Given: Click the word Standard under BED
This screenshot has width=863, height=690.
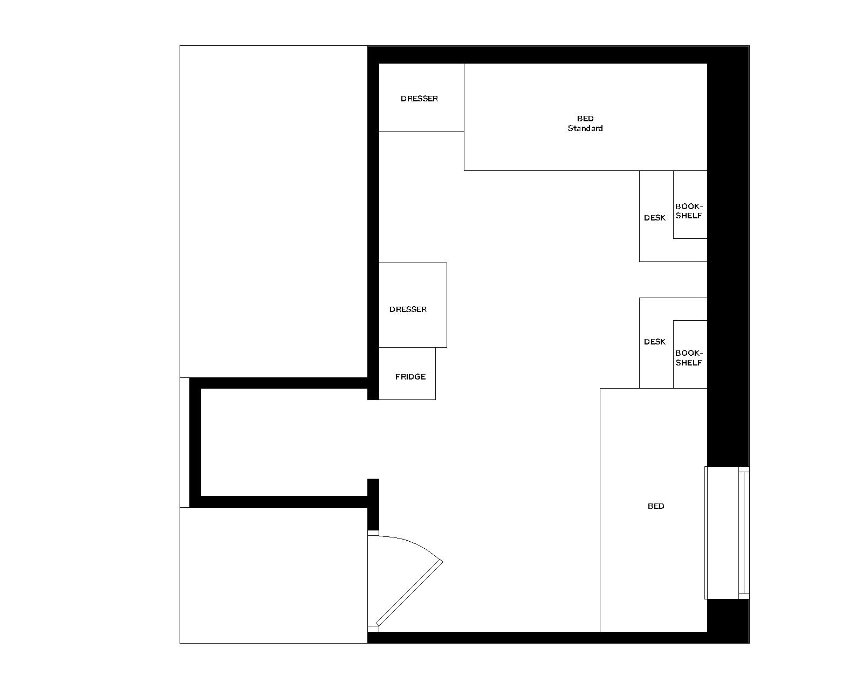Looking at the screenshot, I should coord(585,128).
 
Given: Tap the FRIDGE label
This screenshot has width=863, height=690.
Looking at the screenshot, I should coord(410,377).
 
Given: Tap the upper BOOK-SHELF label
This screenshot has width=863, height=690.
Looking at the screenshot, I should coord(689,211).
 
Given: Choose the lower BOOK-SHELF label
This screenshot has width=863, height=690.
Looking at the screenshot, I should coord(689,358).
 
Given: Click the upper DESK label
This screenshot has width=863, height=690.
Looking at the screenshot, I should coord(654,218).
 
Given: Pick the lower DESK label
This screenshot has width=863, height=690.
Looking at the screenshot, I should coord(654,342).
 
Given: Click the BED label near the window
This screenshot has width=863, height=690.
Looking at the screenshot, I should coord(655,506).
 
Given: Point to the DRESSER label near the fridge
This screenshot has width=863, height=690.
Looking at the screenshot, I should coord(408,309).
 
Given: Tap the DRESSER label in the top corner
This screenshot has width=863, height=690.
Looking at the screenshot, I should coord(419,99).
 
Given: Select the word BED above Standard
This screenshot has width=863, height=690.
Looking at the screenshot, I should coord(585,119).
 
